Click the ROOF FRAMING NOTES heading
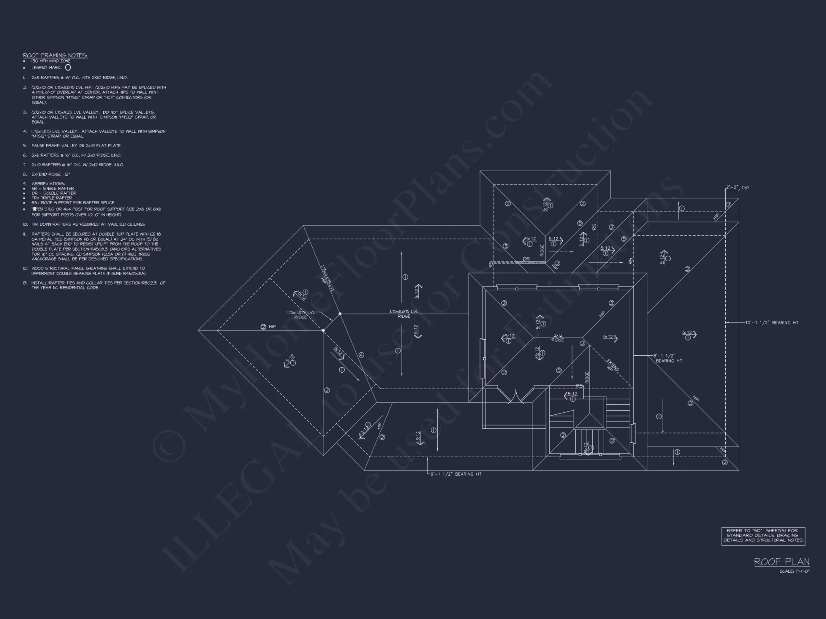tap(55, 55)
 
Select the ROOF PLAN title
tap(781, 562)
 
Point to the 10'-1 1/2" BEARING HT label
tap(771, 323)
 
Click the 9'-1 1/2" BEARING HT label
tap(456, 474)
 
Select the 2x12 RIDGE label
tap(558, 338)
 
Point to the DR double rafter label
tap(526, 259)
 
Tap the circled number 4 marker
tap(361, 355)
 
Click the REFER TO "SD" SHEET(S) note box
tap(763, 536)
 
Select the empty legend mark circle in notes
tap(68, 67)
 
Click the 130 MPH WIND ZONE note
tap(51, 61)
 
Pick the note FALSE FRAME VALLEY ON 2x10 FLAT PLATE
tap(76, 146)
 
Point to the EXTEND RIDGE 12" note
tap(51, 174)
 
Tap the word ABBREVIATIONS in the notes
tap(48, 184)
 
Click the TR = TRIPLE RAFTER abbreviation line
tap(52, 198)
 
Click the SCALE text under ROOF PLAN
tap(794, 572)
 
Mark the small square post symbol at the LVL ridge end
tap(340, 314)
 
